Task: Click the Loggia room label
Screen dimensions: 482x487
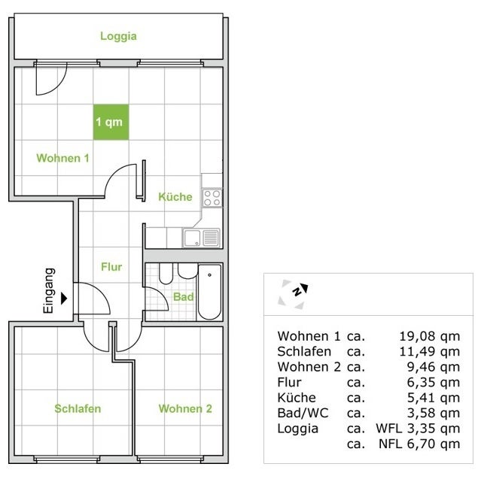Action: tap(118, 36)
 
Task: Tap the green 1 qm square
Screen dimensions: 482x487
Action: tap(111, 121)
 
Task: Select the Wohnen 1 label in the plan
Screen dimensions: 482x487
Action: tap(63, 158)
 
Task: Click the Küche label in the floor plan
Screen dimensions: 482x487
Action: tap(175, 197)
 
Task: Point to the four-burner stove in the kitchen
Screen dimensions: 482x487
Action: tap(212, 198)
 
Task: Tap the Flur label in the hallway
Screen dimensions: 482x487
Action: tap(111, 266)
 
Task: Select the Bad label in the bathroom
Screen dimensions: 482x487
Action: tap(183, 297)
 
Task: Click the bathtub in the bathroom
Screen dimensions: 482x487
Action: tap(209, 292)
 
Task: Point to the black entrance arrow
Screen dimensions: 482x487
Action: tap(64, 298)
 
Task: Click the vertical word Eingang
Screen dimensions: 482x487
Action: tap(49, 290)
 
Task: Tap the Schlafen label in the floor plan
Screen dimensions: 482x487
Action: tap(78, 409)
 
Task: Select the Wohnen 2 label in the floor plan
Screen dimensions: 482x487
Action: tap(185, 409)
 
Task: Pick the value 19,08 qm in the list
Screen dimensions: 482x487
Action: tap(428, 336)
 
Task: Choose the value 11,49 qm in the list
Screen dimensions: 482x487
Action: tap(428, 352)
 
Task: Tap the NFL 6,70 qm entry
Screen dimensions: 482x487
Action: tap(417, 444)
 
